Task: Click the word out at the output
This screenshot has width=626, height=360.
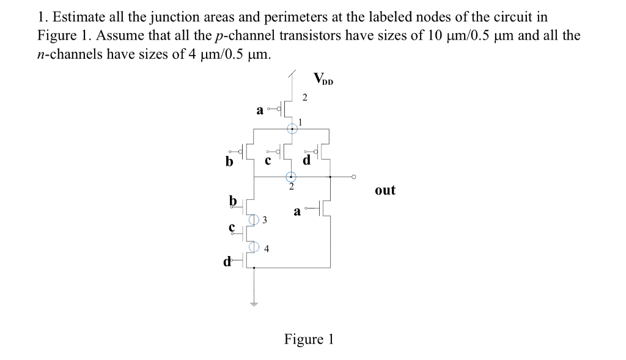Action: (385, 190)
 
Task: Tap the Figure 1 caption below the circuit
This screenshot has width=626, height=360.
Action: (309, 339)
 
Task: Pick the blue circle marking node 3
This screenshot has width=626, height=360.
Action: (254, 219)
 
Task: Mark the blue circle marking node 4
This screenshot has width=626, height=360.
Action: (254, 247)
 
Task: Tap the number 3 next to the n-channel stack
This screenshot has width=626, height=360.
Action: (265, 220)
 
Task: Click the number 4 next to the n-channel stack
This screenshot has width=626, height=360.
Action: (267, 249)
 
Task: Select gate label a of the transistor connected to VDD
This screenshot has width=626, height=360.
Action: (259, 111)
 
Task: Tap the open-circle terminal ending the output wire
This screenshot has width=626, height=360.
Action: (353, 177)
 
